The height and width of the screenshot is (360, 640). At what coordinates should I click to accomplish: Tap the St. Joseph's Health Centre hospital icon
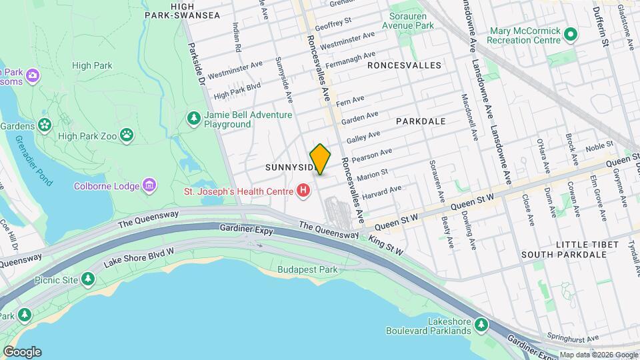(x=304, y=192)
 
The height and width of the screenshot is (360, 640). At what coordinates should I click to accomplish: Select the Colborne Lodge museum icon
(x=149, y=185)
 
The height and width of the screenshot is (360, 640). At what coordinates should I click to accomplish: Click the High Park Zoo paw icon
(x=127, y=136)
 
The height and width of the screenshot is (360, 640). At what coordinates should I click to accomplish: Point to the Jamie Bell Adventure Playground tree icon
(x=194, y=119)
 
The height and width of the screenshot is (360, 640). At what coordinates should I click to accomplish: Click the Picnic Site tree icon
(x=88, y=278)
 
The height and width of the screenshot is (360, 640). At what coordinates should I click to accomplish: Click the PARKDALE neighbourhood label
(x=420, y=122)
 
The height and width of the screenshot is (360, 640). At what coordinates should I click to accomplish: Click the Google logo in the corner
(x=21, y=351)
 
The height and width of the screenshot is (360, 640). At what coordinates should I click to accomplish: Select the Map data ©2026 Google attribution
(x=598, y=355)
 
